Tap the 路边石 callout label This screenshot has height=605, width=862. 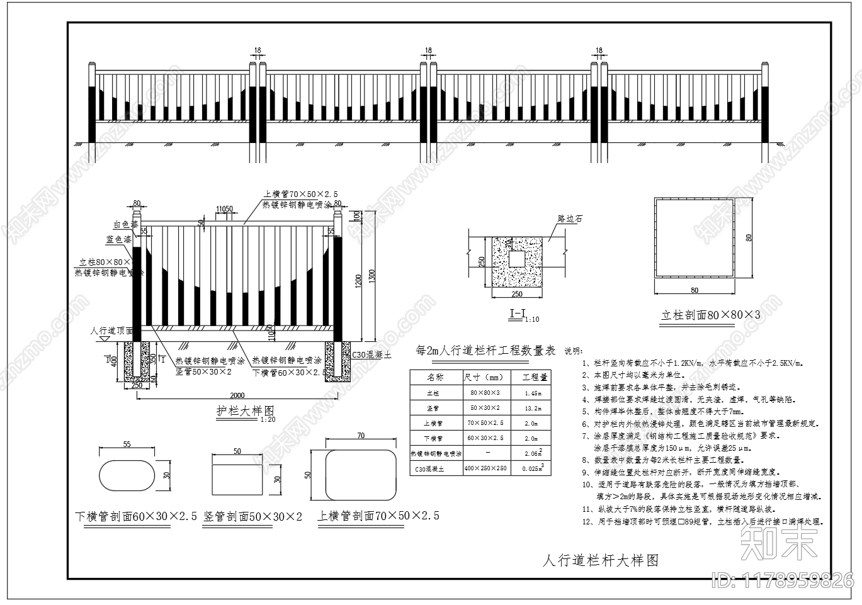(x=570, y=219)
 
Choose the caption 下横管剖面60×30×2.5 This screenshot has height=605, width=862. (x=135, y=517)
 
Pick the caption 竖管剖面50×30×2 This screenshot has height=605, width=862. (x=252, y=517)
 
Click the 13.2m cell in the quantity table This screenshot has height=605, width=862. (x=533, y=408)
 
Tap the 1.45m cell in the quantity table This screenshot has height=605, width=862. (x=533, y=393)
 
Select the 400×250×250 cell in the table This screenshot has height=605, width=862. (x=486, y=468)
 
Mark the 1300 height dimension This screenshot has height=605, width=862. (x=372, y=274)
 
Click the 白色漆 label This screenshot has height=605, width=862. (x=126, y=225)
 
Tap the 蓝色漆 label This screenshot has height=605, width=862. (x=119, y=240)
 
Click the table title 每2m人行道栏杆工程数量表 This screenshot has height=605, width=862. (x=482, y=351)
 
